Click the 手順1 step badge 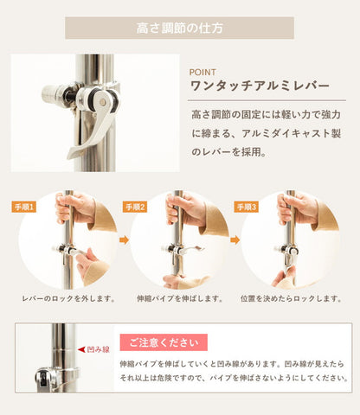click(x=24, y=207)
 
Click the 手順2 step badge click(x=136, y=207)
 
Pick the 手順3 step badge click(x=247, y=207)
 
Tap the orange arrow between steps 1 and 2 click(x=123, y=240)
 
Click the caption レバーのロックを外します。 click(x=67, y=298)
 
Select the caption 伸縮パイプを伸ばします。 click(x=180, y=298)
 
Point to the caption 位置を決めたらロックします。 click(x=292, y=298)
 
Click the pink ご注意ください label click(x=157, y=342)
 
